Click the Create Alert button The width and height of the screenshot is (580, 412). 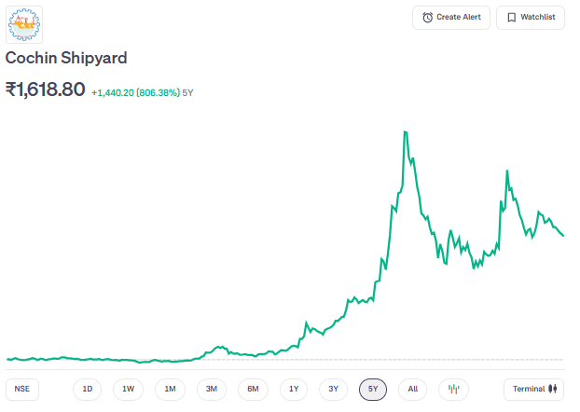tap(451, 18)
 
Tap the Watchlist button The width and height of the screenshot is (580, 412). tap(530, 18)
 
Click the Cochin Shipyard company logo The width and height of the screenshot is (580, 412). tap(24, 24)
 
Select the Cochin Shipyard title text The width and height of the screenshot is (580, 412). tap(66, 58)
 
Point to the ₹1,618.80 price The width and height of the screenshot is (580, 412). tap(46, 89)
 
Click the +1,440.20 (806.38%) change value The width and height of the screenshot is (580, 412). tap(135, 92)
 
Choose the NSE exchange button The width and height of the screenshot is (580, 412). tap(21, 389)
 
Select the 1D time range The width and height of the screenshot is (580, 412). tap(88, 389)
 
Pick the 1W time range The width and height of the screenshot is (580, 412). tap(129, 389)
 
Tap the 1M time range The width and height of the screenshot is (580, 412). tap(170, 389)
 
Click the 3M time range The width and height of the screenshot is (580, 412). tap(212, 389)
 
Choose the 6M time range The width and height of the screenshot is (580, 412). tap(253, 389)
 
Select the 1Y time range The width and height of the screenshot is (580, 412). tap(294, 389)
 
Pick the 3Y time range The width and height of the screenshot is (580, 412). tap(333, 389)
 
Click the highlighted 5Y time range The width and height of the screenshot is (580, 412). tap(373, 389)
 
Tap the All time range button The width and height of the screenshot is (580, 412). tap(413, 389)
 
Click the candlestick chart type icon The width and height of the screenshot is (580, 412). tap(454, 389)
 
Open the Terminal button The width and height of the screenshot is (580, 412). tap(534, 389)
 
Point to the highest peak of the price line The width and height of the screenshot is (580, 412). tap(405, 132)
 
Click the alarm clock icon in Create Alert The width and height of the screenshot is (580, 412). tap(427, 18)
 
